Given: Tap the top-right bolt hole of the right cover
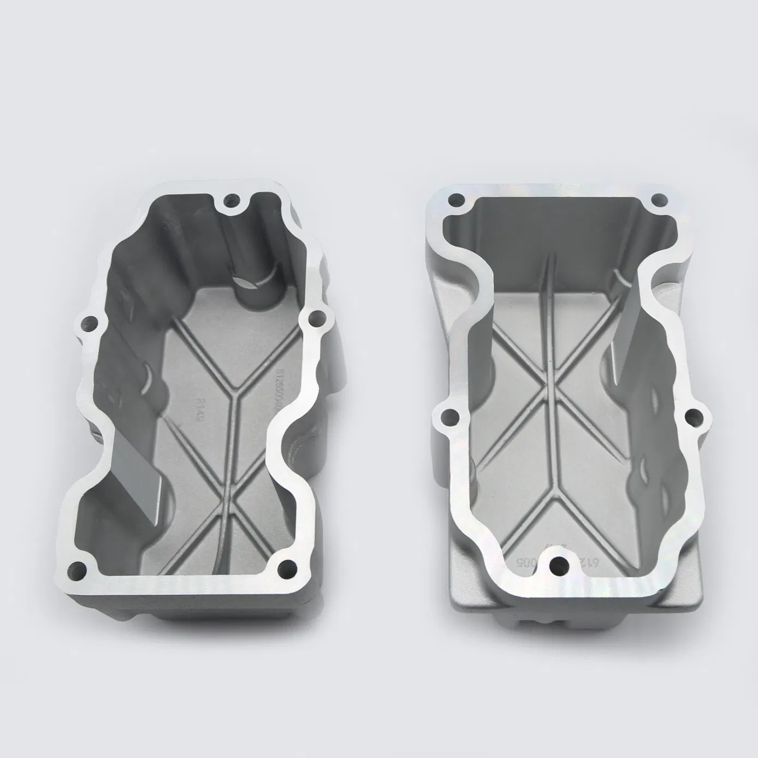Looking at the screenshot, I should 660,200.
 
